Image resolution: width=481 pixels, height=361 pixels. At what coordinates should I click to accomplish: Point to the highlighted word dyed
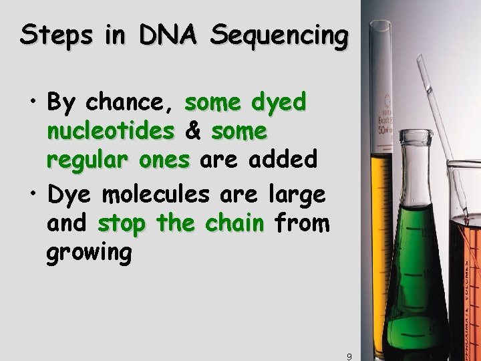click(279, 104)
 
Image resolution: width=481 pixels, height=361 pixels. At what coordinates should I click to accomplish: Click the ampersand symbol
click(194, 132)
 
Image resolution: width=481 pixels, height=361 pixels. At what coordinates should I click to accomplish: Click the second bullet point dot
click(33, 197)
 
